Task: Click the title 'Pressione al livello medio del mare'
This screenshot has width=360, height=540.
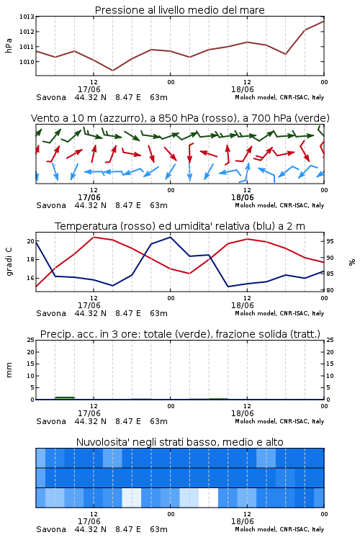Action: point(179,10)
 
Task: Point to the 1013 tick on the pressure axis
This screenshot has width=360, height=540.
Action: point(27,17)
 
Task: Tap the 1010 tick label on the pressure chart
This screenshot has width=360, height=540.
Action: point(27,62)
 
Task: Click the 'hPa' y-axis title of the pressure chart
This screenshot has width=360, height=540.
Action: point(9,45)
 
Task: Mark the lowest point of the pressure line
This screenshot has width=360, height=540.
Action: point(112,71)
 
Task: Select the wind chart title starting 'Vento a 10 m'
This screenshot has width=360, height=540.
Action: point(180,118)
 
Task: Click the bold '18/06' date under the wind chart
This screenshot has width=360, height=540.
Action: point(243,198)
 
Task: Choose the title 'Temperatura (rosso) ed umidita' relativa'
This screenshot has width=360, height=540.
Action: point(179,226)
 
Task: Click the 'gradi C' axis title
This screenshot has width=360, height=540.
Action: point(9,262)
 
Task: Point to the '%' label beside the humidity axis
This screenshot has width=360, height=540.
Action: point(352,262)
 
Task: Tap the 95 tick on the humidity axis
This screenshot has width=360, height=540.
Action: point(330,241)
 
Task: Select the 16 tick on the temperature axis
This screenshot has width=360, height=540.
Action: point(30,278)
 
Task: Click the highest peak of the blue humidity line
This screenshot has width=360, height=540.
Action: point(170,237)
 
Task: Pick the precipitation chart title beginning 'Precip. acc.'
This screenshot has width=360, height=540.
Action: point(180,334)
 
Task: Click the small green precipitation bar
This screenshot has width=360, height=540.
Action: point(65,398)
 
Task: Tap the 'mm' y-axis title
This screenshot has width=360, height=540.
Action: point(9,370)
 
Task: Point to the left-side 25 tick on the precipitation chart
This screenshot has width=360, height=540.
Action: point(30,341)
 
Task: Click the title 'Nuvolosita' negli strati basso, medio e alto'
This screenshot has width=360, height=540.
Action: point(179,442)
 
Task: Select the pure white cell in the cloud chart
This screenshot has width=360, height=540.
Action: point(208,498)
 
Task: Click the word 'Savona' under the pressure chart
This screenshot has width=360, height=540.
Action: point(51,97)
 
